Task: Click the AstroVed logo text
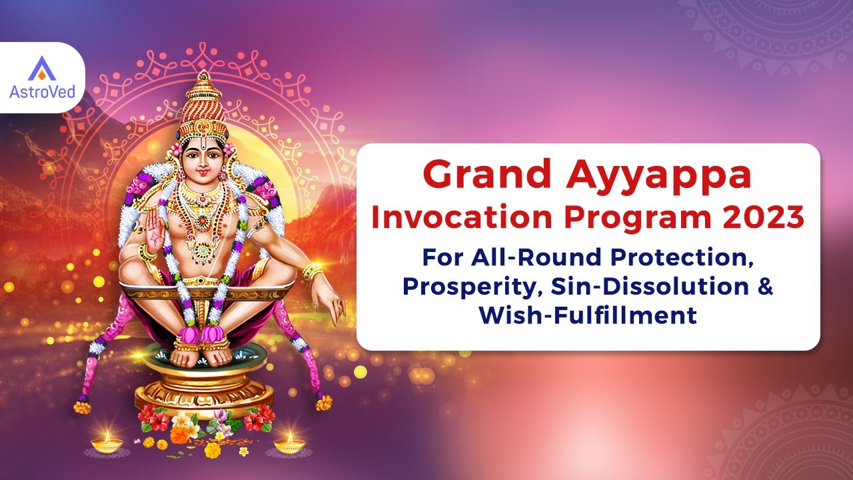pos(42,91)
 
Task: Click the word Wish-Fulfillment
pos(588,314)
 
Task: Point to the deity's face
pos(203,160)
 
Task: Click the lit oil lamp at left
pos(107,442)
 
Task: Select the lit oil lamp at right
pos(290,442)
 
